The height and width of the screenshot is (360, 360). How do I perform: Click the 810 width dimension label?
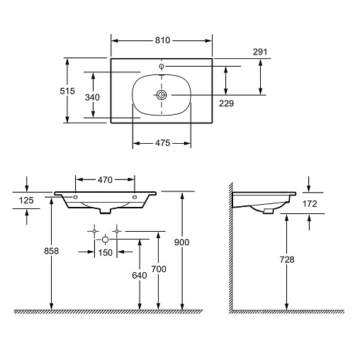[162, 40]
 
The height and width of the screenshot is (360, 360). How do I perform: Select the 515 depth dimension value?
[67, 91]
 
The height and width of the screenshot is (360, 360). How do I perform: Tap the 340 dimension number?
[92, 97]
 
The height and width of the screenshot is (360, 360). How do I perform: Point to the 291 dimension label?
[260, 52]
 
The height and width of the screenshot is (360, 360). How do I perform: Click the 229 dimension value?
[226, 103]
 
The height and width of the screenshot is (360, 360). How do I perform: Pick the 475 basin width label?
[162, 143]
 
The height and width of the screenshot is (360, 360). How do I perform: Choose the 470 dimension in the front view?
[105, 180]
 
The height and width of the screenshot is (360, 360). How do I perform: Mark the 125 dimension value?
[26, 201]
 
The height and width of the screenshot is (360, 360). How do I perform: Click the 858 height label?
[52, 251]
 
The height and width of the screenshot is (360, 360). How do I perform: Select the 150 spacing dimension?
[106, 252]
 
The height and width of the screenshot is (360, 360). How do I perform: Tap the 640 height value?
[140, 276]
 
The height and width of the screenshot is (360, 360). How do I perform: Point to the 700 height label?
[159, 269]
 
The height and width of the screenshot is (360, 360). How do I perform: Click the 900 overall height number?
[181, 242]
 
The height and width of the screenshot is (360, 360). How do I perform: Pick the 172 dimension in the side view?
[310, 203]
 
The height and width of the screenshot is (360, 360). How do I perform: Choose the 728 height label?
[287, 259]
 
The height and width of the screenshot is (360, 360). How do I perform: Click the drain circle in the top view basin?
[162, 95]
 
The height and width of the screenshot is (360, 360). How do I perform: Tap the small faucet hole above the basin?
[162, 66]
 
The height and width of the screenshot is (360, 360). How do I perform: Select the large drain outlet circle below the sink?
[106, 240]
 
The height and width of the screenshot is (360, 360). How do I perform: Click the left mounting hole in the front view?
[76, 197]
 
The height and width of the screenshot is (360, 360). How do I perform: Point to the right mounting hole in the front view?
[135, 197]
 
